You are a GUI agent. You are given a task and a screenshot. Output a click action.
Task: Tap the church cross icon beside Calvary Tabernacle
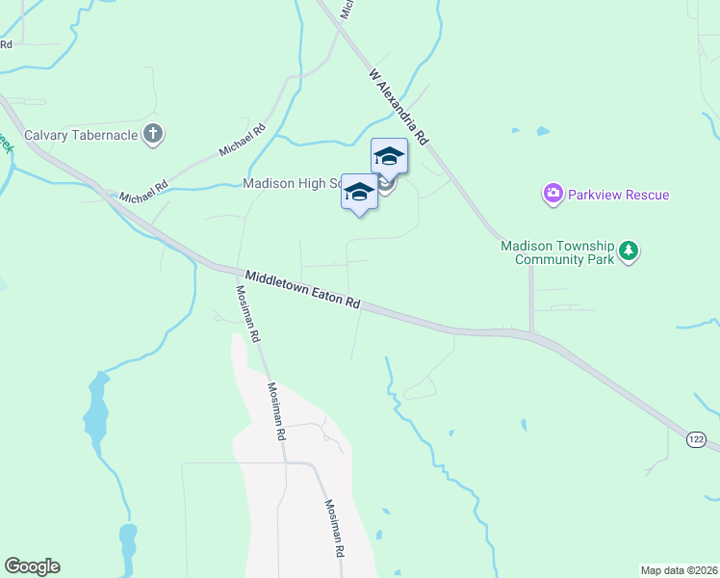153,135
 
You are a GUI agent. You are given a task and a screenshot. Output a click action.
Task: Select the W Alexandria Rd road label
398,105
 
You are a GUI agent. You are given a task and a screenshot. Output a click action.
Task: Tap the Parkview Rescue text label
617,195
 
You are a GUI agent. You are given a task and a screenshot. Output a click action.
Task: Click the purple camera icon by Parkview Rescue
553,195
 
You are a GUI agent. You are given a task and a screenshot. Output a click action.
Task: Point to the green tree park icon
629,251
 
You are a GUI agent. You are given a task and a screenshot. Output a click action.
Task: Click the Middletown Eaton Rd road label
302,289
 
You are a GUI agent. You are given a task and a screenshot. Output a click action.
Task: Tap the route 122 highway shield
696,439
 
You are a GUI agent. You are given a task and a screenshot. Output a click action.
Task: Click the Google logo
32,566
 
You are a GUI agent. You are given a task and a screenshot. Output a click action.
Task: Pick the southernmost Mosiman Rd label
334,530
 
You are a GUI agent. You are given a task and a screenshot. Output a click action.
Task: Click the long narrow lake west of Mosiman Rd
95,409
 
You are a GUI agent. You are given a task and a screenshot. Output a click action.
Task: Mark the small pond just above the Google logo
127,539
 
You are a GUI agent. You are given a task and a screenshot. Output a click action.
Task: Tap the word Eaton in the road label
330,296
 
